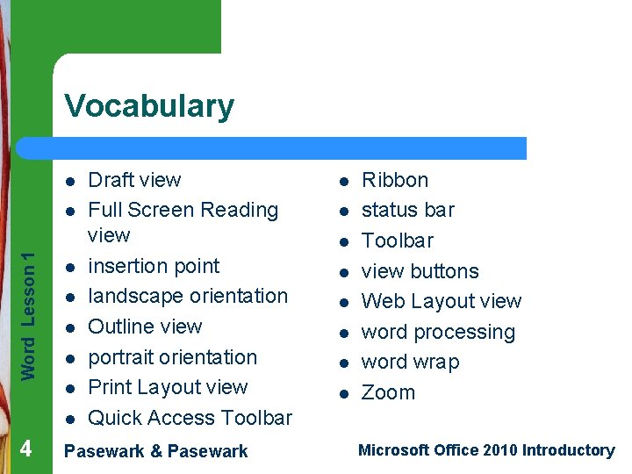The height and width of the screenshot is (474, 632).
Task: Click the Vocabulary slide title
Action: (149, 106)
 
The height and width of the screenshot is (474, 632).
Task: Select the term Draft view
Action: (134, 180)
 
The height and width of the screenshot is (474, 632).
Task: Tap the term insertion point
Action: (154, 266)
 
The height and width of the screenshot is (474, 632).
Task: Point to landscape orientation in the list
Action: (188, 296)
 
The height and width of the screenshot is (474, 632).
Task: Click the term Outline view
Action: (145, 327)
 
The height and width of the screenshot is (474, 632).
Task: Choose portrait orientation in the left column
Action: (173, 357)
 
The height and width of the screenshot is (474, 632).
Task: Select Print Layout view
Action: (168, 387)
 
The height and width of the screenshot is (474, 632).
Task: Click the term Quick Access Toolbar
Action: (190, 418)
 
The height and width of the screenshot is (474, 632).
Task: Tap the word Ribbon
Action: (395, 180)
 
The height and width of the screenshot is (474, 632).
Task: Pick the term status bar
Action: (408, 210)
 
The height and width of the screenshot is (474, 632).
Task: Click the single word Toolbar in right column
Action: (398, 241)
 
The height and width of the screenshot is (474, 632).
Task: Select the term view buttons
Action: (420, 271)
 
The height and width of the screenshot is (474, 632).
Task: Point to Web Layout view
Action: (442, 301)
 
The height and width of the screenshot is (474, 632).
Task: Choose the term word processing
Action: (438, 332)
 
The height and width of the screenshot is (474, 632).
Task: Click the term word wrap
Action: (410, 362)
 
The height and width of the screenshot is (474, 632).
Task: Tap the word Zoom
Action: (388, 392)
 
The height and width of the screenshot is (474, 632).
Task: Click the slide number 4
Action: (25, 449)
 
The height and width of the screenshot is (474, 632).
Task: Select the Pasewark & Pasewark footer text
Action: (156, 451)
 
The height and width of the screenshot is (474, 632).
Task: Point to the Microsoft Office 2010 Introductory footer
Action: (485, 450)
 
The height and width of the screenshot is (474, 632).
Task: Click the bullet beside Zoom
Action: (345, 393)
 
